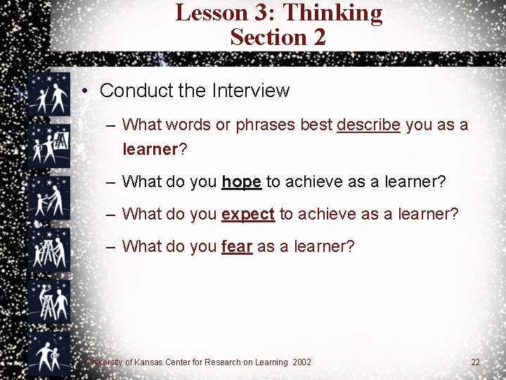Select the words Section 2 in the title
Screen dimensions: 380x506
pyautogui.click(x=278, y=37)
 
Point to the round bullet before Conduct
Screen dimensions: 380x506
pyautogui.click(x=84, y=91)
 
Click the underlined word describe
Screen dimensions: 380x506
pyautogui.click(x=368, y=125)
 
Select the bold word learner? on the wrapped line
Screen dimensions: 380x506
pyautogui.click(x=154, y=149)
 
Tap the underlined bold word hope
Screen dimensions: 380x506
pyautogui.click(x=241, y=182)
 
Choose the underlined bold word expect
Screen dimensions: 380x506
pyautogui.click(x=247, y=214)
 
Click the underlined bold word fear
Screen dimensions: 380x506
pyautogui.click(x=236, y=246)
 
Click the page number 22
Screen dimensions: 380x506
pyautogui.click(x=475, y=362)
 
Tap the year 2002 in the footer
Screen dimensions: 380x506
pyautogui.click(x=301, y=362)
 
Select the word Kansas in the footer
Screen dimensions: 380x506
pyautogui.click(x=147, y=362)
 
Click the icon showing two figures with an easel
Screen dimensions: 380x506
pyautogui.click(x=48, y=144)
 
